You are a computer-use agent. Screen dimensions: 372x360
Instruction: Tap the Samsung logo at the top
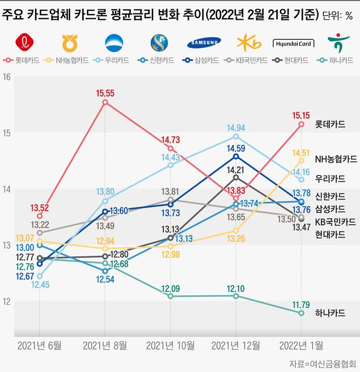coord(204,42)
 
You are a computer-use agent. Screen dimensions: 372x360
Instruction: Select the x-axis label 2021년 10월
coord(170,345)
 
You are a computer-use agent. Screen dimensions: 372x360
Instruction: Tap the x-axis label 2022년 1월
coord(301,345)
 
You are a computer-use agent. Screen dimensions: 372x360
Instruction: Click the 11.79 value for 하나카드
coord(301,304)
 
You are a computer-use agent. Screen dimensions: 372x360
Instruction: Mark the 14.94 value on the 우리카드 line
coord(236,128)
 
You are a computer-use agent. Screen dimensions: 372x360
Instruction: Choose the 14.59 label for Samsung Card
coord(236,148)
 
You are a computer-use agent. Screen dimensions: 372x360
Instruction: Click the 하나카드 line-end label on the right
coord(329,313)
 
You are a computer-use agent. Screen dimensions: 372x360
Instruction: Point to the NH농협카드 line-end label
coord(336,159)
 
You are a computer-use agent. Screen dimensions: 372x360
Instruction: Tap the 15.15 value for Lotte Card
coord(301,115)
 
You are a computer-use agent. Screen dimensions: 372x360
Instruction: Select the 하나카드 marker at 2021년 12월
coord(236,296)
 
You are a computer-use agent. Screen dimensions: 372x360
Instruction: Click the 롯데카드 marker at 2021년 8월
coord(105,102)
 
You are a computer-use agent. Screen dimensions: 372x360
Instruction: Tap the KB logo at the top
coord(249,42)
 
